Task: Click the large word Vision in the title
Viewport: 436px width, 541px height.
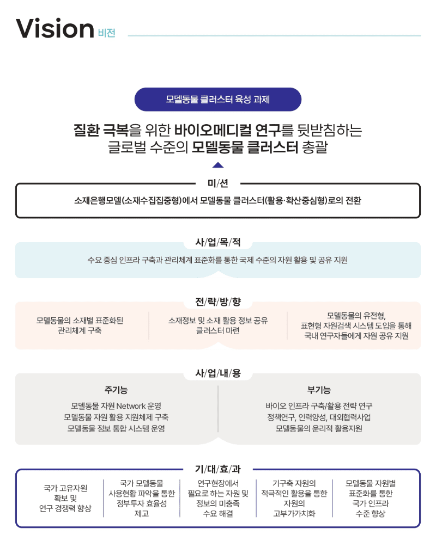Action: (x=55, y=28)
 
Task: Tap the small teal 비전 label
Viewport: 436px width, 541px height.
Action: (x=106, y=33)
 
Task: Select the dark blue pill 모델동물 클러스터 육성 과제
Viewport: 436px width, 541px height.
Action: (x=217, y=100)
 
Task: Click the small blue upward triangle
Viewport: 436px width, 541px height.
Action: (x=217, y=165)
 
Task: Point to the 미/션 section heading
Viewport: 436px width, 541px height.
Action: (x=217, y=183)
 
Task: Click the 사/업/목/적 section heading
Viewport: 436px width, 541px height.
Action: (x=217, y=242)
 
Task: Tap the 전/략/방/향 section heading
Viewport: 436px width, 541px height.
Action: (x=217, y=302)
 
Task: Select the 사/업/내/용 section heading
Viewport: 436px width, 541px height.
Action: (x=217, y=373)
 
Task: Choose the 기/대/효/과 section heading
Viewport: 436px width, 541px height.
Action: (x=217, y=469)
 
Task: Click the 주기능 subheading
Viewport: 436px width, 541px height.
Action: (x=116, y=390)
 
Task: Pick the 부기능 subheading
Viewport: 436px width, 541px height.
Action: (x=319, y=390)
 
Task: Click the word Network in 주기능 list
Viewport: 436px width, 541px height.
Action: (x=131, y=406)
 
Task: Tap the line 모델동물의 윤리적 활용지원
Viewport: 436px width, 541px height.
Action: (x=319, y=428)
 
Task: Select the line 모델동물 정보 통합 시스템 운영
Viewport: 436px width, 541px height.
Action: (x=116, y=428)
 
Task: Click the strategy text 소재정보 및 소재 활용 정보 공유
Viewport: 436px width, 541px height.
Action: (x=218, y=321)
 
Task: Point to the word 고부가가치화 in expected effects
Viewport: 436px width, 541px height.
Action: (x=294, y=513)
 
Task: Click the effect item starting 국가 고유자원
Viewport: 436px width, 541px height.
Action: (x=65, y=498)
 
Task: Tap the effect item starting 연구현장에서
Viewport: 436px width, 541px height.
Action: (x=218, y=498)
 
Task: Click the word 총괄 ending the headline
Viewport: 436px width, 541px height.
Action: (x=314, y=147)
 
